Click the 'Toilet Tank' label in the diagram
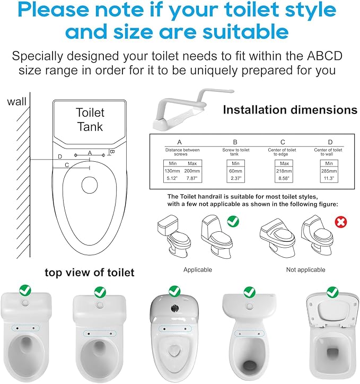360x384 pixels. click(90, 120)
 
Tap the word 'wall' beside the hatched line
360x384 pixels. click(17, 101)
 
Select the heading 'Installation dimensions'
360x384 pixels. click(290, 110)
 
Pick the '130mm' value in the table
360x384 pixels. click(172, 170)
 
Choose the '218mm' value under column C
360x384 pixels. click(283, 170)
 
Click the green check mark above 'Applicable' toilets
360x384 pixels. click(232, 220)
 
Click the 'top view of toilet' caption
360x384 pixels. click(89, 273)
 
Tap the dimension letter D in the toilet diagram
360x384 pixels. click(60, 156)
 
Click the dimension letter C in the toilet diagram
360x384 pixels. click(67, 165)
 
